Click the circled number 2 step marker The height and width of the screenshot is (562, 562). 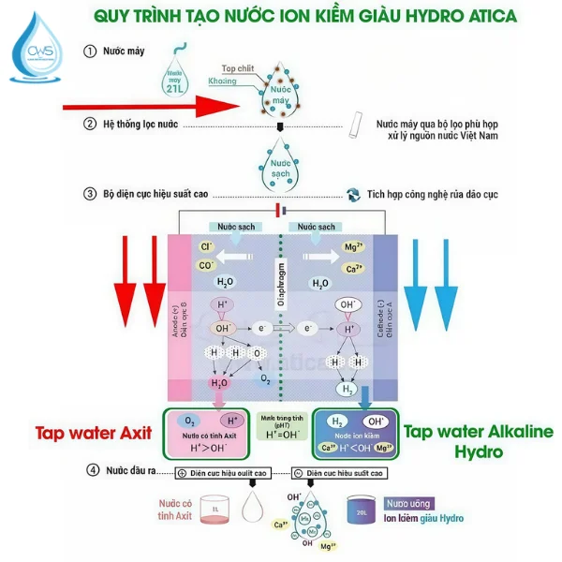[90, 124]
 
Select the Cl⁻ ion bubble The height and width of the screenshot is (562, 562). [208, 247]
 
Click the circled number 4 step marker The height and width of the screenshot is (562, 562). [90, 468]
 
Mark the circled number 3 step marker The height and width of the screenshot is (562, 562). [90, 195]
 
